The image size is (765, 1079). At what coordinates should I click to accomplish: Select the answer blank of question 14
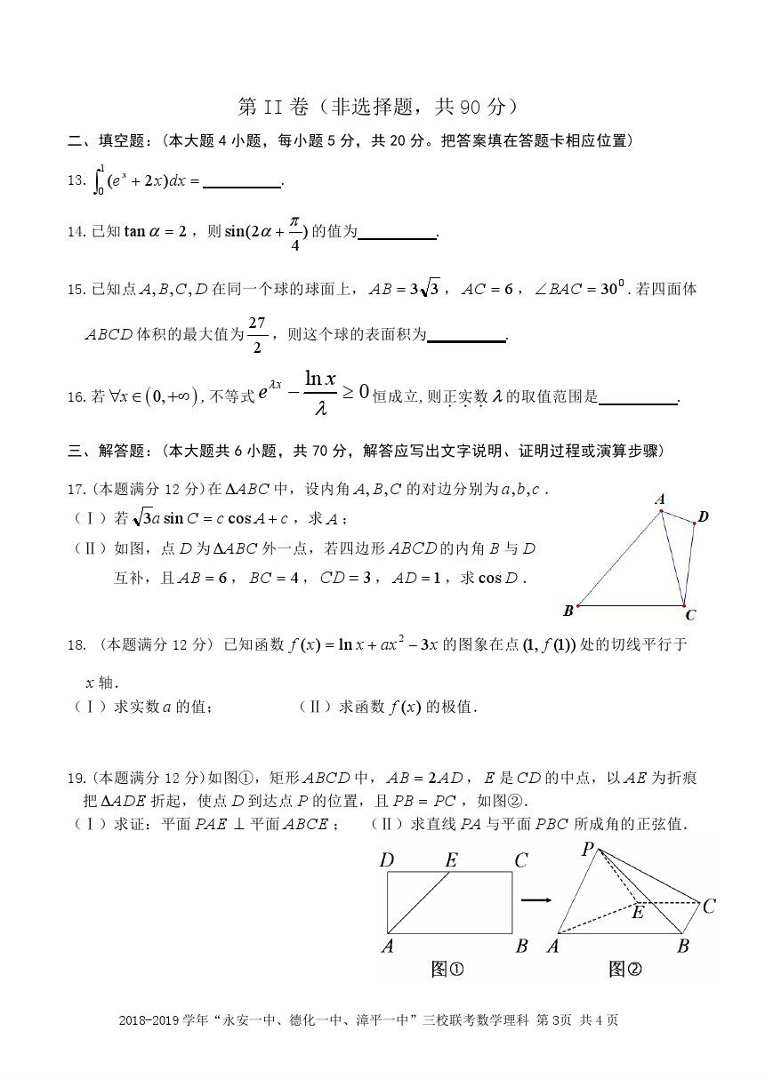(398, 234)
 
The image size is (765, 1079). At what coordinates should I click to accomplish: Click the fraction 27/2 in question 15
(257, 334)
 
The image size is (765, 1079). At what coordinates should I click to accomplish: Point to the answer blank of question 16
(638, 399)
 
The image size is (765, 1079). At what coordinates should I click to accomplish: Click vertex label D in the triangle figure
(704, 516)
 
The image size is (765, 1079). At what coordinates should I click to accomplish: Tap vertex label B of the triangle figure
(568, 611)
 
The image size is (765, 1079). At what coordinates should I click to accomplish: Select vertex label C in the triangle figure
(690, 615)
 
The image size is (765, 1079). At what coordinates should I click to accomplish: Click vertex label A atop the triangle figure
(659, 500)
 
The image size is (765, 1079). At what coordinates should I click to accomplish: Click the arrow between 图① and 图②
(535, 900)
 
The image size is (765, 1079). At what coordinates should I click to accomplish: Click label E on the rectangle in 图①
(450, 859)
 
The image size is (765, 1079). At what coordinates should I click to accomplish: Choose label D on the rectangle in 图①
(386, 859)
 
